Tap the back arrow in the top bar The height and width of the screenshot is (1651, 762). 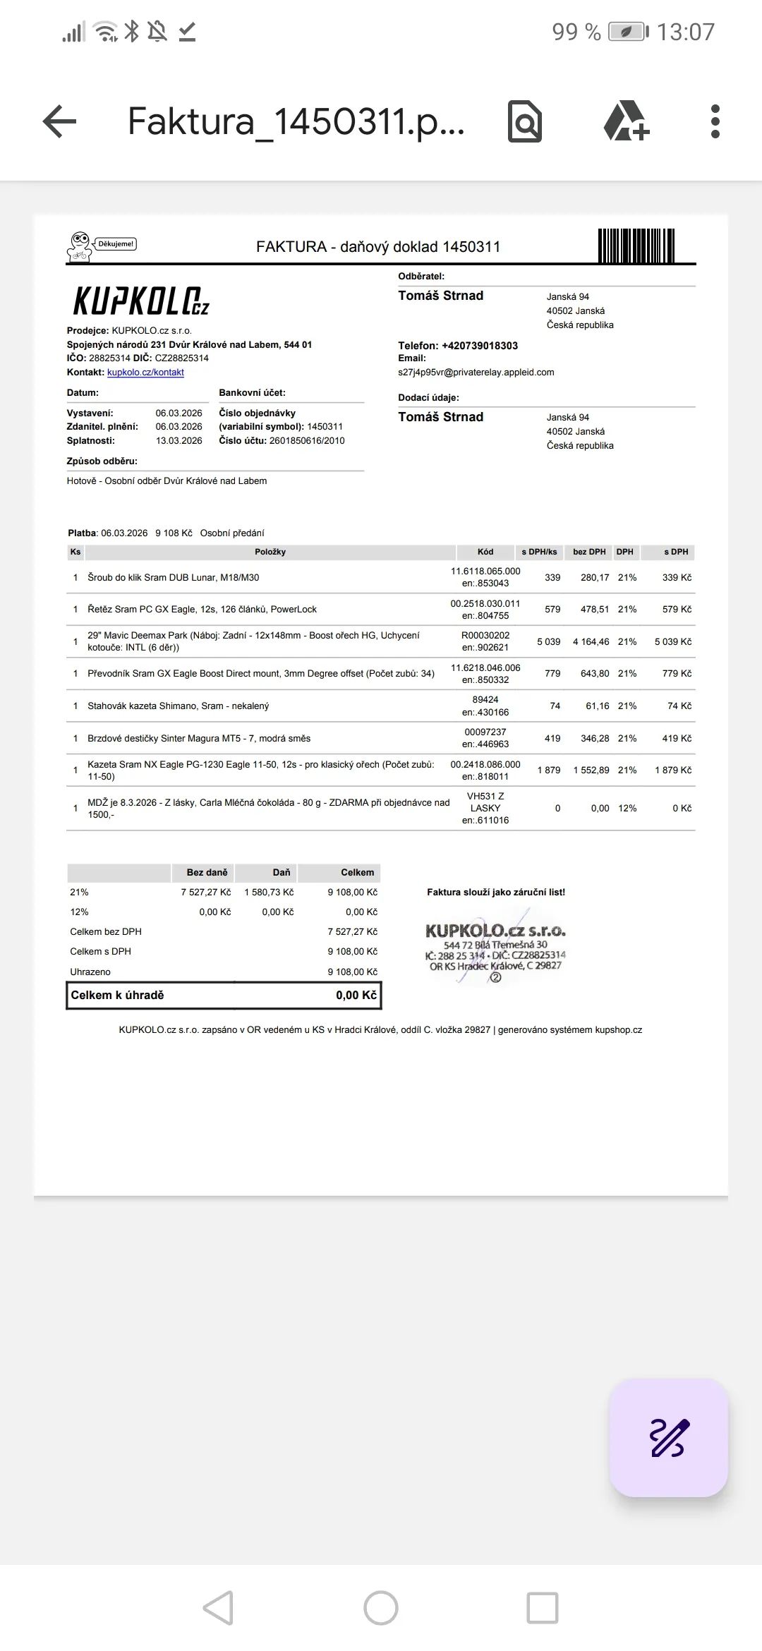[59, 121]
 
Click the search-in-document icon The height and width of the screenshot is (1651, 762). [525, 121]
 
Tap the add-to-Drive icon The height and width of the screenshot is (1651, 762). [626, 121]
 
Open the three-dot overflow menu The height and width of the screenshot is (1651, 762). [715, 121]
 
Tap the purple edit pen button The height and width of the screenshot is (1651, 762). [668, 1437]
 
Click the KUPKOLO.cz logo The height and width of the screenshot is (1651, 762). [141, 301]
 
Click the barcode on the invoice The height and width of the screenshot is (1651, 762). [636, 246]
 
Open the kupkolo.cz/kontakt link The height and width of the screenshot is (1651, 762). [145, 373]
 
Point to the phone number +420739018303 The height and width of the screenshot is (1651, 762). [480, 346]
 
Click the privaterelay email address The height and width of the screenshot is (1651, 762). [476, 373]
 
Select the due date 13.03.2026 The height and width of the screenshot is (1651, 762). [179, 441]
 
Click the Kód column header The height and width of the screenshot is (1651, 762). [485, 552]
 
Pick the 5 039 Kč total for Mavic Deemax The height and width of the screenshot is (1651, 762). [672, 642]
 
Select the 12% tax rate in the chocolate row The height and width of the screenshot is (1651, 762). [627, 809]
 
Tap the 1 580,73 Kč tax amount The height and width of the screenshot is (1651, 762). [269, 893]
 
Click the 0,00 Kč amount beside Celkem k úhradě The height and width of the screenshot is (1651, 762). [356, 996]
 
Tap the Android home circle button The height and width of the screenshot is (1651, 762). [381, 1608]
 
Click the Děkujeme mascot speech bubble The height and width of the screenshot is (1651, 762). [116, 244]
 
